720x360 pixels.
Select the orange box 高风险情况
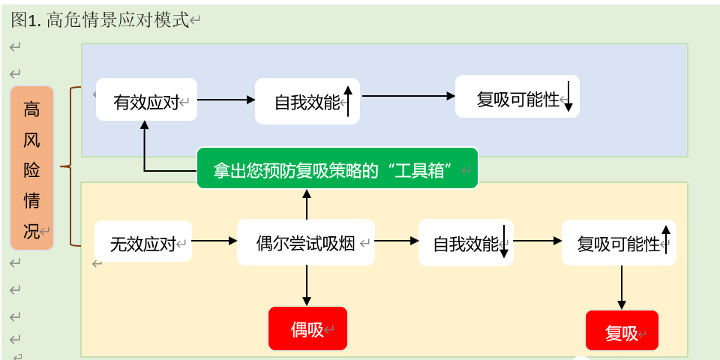coord(31,167)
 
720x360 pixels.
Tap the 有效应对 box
coord(146,99)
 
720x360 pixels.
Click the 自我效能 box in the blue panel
coord(307,101)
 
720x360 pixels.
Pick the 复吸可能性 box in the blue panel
coord(517,97)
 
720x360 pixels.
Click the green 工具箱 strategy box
coord(337,168)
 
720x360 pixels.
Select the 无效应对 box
coord(142,241)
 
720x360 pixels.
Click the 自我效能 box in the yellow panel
coord(465,242)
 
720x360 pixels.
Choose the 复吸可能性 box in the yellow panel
coord(618,242)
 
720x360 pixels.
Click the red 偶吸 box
coord(307,328)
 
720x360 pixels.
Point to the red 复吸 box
coord(622,331)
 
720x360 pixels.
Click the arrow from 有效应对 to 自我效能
coord(226,99)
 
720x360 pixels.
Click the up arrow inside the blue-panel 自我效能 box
coord(348,100)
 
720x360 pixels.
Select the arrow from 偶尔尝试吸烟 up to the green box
coord(307,204)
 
